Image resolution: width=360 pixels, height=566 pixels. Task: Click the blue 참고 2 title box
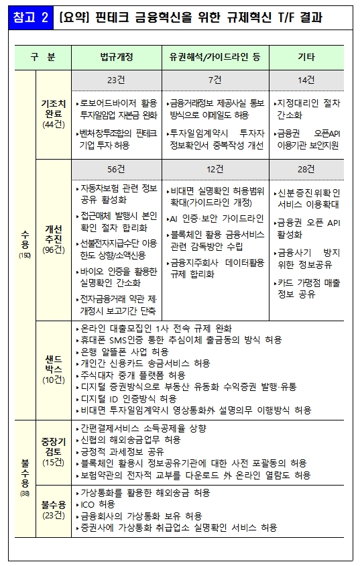(29, 17)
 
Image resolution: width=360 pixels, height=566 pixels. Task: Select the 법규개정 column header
(116, 58)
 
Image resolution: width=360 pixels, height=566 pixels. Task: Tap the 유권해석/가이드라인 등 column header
(215, 58)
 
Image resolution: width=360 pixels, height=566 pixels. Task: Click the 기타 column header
(306, 58)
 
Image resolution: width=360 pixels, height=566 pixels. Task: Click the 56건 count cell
(116, 168)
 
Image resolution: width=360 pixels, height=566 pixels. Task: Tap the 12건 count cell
(215, 168)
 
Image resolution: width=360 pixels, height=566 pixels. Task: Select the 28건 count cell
(306, 168)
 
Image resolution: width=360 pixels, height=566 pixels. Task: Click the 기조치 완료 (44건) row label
(53, 114)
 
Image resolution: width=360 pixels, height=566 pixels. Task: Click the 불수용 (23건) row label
(53, 509)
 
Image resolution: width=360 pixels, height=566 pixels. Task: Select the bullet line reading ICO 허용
(97, 504)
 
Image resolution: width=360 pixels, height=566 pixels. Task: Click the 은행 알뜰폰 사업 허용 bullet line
(124, 351)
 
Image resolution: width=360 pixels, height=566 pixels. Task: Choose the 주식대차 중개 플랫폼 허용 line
(132, 375)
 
